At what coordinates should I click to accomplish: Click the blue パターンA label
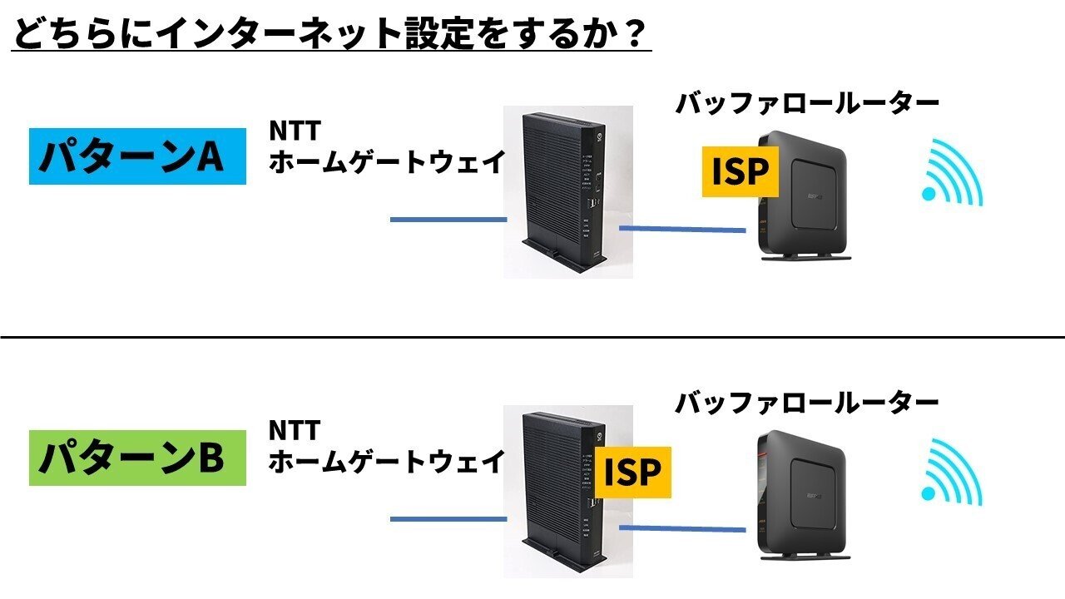point(137,156)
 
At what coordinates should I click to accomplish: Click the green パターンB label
point(137,458)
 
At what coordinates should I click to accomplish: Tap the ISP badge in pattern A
point(740,171)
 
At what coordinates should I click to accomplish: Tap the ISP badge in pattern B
point(632,472)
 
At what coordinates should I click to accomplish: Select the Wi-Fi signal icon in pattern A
point(953,175)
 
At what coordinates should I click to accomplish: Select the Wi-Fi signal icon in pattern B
point(953,474)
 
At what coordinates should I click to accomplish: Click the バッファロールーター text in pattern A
point(806,103)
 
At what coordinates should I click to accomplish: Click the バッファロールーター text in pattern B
point(806,403)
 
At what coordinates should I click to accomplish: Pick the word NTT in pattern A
point(294,131)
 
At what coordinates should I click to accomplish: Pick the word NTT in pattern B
point(294,430)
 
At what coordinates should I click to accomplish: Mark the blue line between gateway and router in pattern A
point(682,229)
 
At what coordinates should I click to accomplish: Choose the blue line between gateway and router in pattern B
point(682,528)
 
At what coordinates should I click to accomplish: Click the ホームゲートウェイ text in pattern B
point(385,460)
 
